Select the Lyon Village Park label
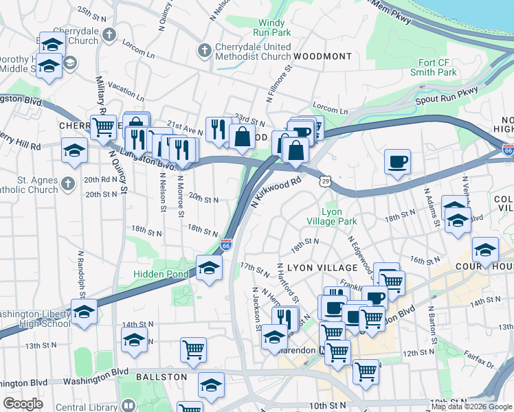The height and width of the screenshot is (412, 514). (x=339, y=217)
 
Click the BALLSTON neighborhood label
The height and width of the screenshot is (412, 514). (x=161, y=377)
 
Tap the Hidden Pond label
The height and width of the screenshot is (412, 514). (x=160, y=274)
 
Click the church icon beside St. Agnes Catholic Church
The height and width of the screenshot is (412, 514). (x=67, y=183)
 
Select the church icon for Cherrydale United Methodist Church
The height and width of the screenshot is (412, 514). (x=203, y=50)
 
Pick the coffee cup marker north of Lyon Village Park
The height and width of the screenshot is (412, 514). (x=396, y=162)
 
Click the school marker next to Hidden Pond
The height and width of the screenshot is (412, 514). (x=209, y=268)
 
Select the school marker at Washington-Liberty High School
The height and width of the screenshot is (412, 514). (x=84, y=312)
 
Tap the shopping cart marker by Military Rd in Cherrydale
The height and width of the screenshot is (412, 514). (x=103, y=126)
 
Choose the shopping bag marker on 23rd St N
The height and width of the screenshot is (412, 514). (x=242, y=136)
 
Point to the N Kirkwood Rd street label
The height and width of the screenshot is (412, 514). (x=277, y=193)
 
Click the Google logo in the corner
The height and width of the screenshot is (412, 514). (x=23, y=404)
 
